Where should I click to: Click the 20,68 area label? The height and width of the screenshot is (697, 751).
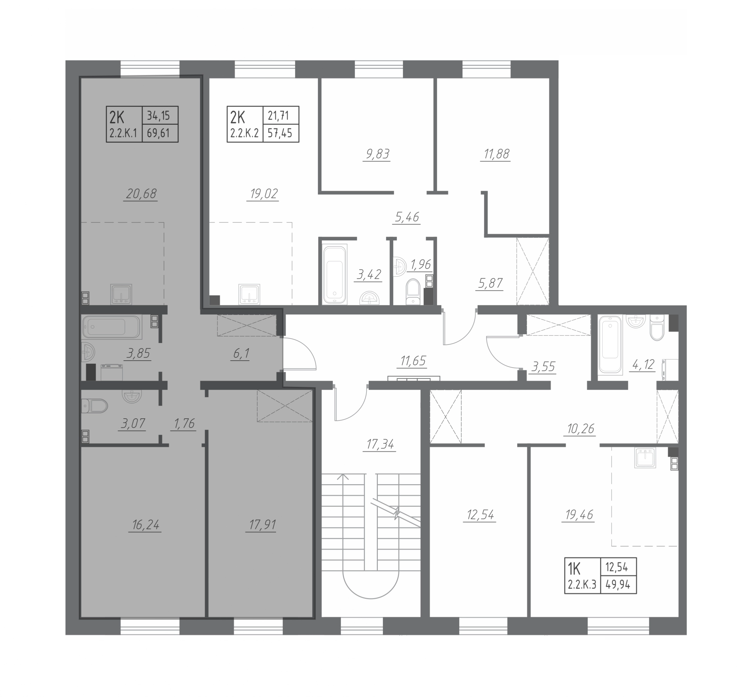click(142, 194)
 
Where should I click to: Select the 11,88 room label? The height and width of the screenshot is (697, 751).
click(495, 154)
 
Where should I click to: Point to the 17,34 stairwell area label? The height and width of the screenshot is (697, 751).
click(380, 445)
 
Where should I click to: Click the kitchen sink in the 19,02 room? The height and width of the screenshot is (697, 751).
click(249, 294)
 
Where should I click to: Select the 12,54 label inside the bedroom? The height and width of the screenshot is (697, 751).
click(480, 515)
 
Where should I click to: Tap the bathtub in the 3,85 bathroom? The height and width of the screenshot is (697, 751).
click(112, 327)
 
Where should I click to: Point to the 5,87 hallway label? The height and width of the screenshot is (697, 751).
click(490, 283)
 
